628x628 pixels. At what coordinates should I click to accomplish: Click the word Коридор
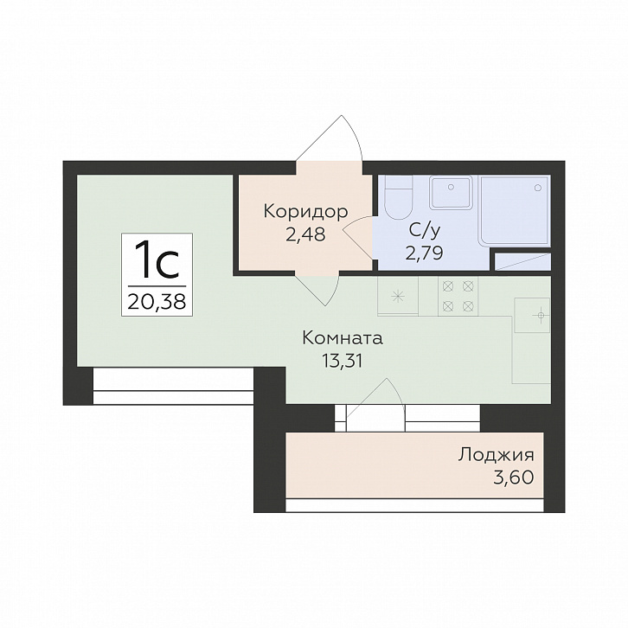[x=305, y=211]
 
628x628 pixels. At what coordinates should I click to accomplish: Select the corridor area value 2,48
[x=305, y=234]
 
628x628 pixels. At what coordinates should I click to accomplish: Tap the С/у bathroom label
[x=425, y=231]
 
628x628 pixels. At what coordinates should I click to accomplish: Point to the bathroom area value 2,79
[x=424, y=253]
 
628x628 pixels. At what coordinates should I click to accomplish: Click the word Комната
[x=343, y=338]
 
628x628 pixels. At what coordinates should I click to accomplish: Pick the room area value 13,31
[x=343, y=362]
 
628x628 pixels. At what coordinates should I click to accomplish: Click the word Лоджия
[x=497, y=456]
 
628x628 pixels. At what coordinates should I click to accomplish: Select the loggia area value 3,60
[x=514, y=477]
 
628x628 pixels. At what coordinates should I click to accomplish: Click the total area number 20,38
[x=157, y=302]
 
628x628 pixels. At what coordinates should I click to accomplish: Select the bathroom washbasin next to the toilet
[x=451, y=192]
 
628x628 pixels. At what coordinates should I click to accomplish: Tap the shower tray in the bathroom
[x=515, y=209]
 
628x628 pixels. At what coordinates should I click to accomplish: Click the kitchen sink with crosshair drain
[x=532, y=315]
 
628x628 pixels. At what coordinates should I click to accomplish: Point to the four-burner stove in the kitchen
[x=458, y=297]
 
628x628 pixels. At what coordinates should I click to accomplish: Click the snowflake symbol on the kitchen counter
[x=398, y=297]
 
